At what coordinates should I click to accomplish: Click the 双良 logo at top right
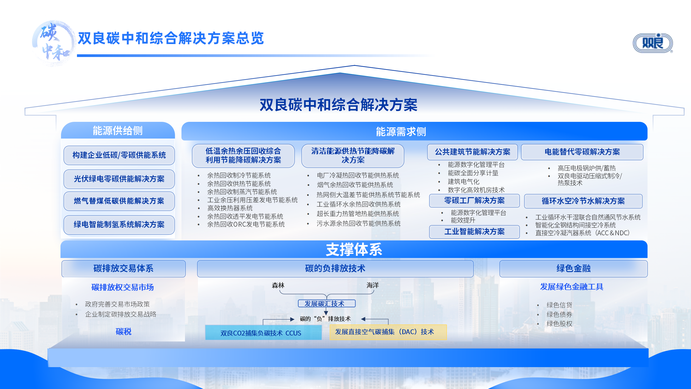coord(653,43)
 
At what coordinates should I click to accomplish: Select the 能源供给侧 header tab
coord(118,130)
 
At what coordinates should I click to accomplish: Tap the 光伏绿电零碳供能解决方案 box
coord(119,179)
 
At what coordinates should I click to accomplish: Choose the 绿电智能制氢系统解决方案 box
coord(119,224)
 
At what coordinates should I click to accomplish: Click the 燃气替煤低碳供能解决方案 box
coord(119,201)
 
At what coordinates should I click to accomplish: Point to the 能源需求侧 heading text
coord(401,132)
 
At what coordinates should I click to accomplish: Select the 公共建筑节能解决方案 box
coord(473,152)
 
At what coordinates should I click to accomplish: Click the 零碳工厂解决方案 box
coord(474,201)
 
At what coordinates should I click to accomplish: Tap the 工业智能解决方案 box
coord(474,232)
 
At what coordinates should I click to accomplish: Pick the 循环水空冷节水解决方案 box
coord(583,201)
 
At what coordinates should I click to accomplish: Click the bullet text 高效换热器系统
coord(230,208)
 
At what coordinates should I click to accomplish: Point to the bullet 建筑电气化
coord(464,182)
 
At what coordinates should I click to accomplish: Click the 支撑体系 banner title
coord(354,249)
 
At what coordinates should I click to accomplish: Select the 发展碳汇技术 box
coord(327,304)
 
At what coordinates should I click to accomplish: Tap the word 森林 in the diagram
coord(278,285)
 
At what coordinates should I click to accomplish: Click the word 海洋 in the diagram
coord(373,285)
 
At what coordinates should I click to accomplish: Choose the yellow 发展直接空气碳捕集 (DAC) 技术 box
coord(388,332)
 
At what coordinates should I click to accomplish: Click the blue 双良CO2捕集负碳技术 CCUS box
coord(264,332)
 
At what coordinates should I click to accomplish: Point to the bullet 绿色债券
coord(559,314)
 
